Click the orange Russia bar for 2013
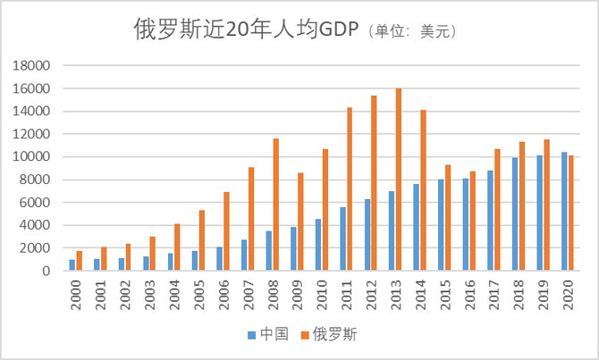(x=399, y=179)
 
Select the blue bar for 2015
(x=441, y=224)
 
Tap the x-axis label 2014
(x=420, y=296)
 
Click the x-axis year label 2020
(x=568, y=296)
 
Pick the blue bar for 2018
(x=515, y=213)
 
